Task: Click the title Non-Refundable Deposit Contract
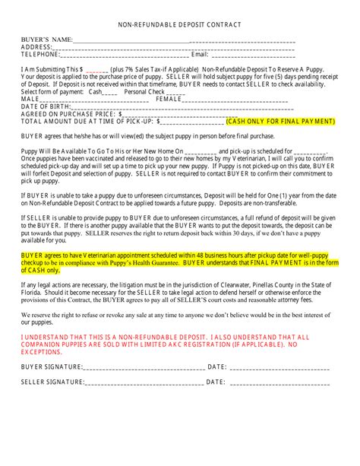coord(179,25)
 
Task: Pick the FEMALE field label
coord(169,99)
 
